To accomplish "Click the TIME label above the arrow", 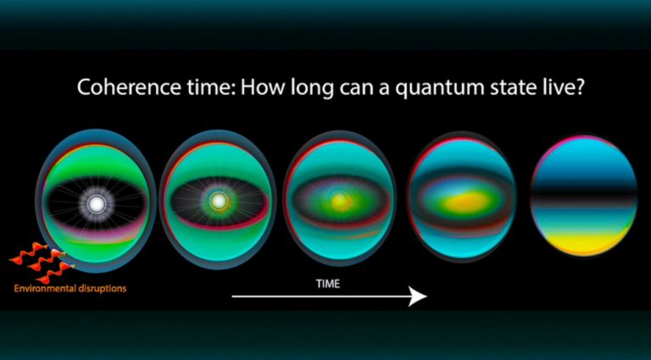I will (x=326, y=284).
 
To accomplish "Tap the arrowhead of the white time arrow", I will (x=417, y=296).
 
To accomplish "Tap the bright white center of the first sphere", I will (x=96, y=203).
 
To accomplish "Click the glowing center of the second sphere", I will (x=220, y=201).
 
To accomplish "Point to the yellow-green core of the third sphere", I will (x=341, y=201).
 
